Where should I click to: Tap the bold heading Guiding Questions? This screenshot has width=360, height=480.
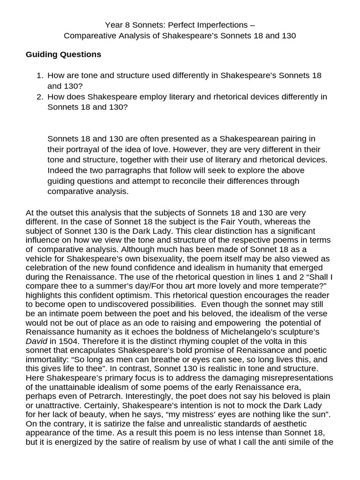tap(63, 54)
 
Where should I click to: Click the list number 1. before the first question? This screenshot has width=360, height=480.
tap(40, 75)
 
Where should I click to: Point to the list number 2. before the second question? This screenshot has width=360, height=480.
tap(40, 97)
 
